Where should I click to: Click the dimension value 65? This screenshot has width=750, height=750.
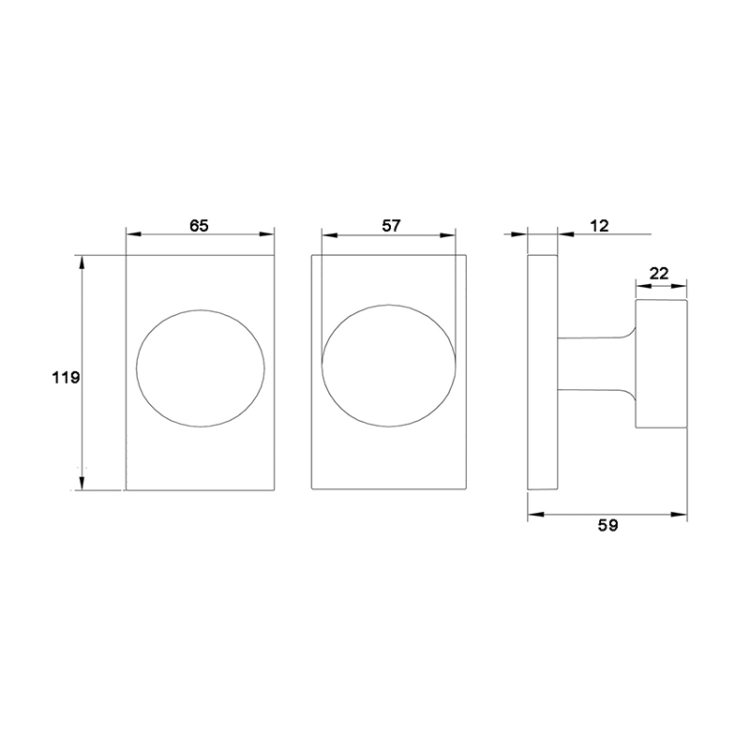[199, 225]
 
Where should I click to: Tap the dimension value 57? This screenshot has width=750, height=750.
[391, 225]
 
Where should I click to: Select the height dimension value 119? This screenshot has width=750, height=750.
[65, 378]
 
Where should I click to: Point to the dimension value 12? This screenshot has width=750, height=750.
[601, 225]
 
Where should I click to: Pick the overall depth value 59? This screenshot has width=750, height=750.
[608, 526]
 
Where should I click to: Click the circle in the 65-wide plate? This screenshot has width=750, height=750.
[199, 367]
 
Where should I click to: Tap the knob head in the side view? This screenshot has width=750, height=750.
[661, 363]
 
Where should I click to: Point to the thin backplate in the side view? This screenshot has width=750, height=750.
[542, 371]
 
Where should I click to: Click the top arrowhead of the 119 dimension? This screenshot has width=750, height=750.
[82, 262]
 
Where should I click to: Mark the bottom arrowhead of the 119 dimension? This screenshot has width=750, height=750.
[82, 483]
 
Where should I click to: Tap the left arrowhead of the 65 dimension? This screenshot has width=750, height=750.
[132, 233]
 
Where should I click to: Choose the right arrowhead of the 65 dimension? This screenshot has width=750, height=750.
[268, 233]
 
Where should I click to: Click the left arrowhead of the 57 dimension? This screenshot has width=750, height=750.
[327, 233]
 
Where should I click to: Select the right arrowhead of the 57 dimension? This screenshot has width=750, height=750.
[450, 233]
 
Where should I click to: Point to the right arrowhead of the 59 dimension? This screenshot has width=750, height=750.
[681, 513]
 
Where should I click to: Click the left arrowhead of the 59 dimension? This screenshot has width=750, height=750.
[534, 513]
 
